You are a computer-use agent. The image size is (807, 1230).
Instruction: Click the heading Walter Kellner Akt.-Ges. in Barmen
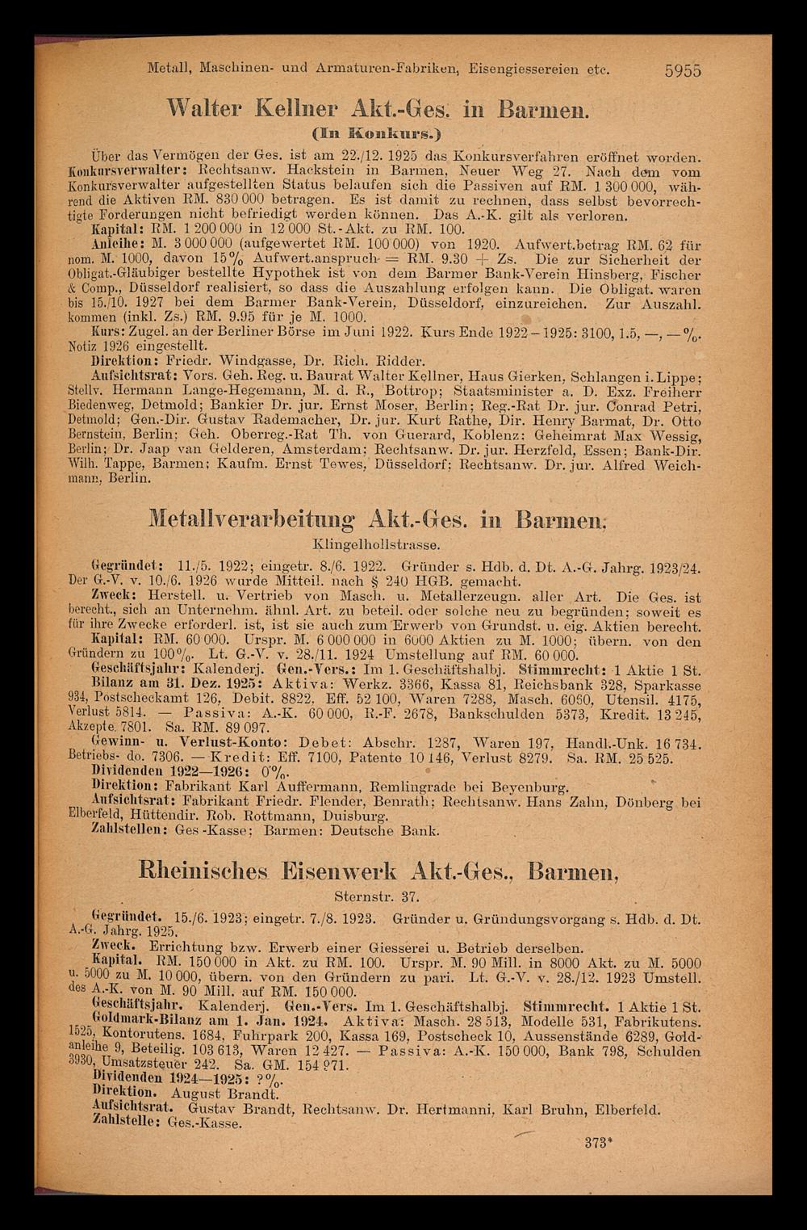point(403,109)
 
